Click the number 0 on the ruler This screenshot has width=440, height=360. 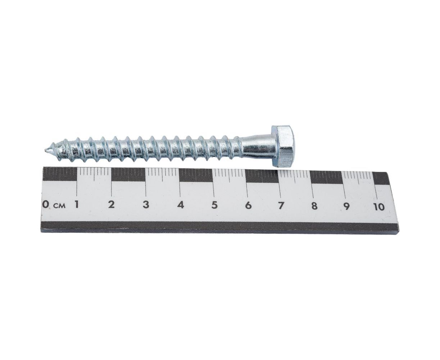pyautogui.click(x=45, y=204)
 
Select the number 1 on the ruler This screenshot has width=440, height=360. pyautogui.click(x=77, y=204)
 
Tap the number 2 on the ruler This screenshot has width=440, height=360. pyautogui.click(x=112, y=204)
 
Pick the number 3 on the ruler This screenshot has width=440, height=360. pyautogui.click(x=146, y=205)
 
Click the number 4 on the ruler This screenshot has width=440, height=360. pyautogui.click(x=181, y=205)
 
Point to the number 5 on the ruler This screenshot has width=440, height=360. pyautogui.click(x=214, y=206)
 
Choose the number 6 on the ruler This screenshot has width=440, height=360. pyautogui.click(x=248, y=206)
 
